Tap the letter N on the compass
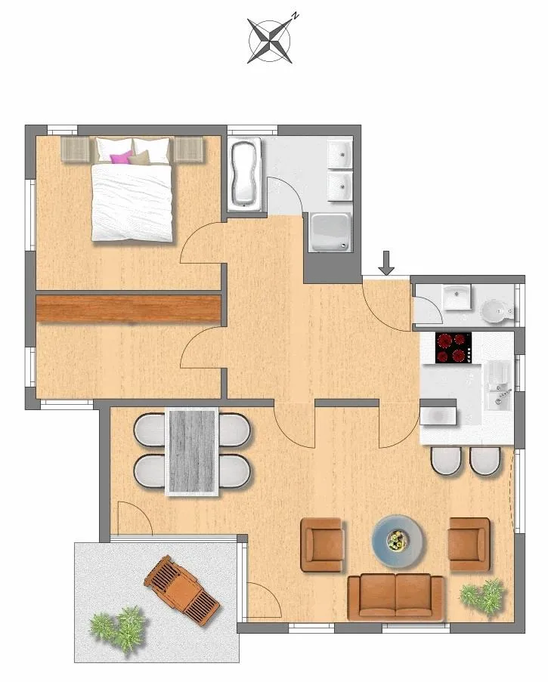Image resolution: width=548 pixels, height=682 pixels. click(x=295, y=17)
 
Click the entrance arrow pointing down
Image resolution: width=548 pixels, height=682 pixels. click(x=386, y=263)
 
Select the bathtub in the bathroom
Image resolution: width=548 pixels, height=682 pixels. click(x=245, y=174)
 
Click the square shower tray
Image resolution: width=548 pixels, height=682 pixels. click(x=330, y=233)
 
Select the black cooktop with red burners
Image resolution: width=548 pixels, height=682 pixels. click(x=454, y=348)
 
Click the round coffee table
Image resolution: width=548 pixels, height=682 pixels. click(x=397, y=542)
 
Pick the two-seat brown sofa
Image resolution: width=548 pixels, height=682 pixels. click(x=395, y=597)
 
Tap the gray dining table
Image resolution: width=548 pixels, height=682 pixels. click(x=192, y=452)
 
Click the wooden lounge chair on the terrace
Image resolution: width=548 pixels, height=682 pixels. click(x=182, y=590)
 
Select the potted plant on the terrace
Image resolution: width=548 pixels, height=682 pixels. click(x=118, y=629)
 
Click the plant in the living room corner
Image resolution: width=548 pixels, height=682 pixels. click(x=483, y=597)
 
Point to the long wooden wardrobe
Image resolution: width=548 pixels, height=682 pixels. click(x=128, y=309)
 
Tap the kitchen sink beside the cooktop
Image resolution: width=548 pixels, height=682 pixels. click(x=500, y=385)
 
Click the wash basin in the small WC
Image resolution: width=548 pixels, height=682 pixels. click(x=457, y=297)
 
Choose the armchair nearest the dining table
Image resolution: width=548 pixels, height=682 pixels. click(x=322, y=545)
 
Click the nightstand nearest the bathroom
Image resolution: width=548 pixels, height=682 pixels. click(x=189, y=150)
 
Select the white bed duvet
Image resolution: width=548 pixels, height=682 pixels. click(x=132, y=202)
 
